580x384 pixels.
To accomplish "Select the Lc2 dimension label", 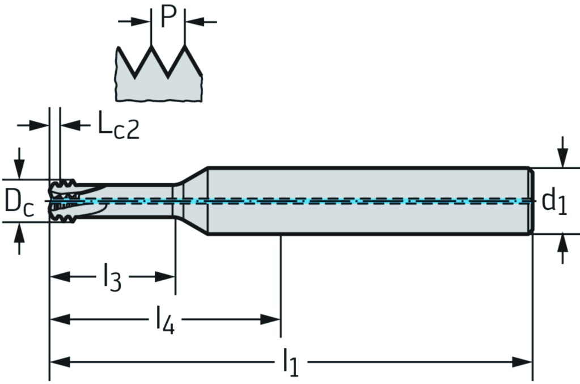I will tap(118, 126).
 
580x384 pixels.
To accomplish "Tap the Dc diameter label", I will tap(19, 202).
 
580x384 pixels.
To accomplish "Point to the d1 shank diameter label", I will tap(554, 201).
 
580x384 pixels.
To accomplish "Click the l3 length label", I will tap(112, 278).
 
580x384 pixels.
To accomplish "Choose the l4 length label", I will tap(165, 321).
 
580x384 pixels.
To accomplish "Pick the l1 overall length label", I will tap(290, 363).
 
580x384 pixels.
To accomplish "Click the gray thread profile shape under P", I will tap(159, 85).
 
